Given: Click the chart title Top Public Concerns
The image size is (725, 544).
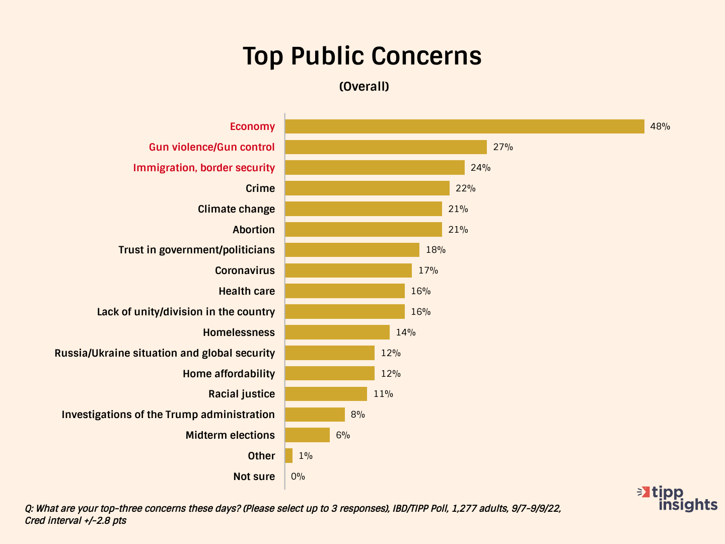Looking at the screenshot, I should (x=362, y=56).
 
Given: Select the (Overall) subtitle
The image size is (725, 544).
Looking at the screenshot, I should (x=364, y=87).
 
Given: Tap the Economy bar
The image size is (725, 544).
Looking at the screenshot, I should (x=464, y=126).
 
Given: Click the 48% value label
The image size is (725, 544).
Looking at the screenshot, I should (x=660, y=126).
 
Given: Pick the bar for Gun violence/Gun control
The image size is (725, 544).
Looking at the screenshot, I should (x=386, y=147).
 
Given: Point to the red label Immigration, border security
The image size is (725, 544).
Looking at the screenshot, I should (x=204, y=168).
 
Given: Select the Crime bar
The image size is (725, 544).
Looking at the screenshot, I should (x=367, y=188).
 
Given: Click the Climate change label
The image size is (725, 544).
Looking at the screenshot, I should (x=236, y=209).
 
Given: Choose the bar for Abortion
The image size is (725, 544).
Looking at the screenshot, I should (x=363, y=230).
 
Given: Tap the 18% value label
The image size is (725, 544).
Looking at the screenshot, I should (x=436, y=250).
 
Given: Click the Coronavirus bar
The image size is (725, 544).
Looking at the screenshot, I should (x=348, y=270).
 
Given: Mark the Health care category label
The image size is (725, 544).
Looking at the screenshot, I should (x=247, y=291).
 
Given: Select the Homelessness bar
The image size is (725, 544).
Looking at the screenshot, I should (x=337, y=332).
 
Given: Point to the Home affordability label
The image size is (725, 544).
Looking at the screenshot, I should (x=229, y=374).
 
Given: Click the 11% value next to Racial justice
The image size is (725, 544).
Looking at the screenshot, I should (x=383, y=394).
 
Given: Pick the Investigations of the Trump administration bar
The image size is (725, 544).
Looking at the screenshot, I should (x=315, y=415).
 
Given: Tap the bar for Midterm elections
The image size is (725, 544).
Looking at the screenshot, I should (x=307, y=435).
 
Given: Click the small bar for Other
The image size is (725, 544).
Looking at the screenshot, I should (x=288, y=456).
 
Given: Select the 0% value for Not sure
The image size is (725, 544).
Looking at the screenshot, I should (x=298, y=477).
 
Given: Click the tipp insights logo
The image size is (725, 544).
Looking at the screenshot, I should (x=678, y=498).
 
